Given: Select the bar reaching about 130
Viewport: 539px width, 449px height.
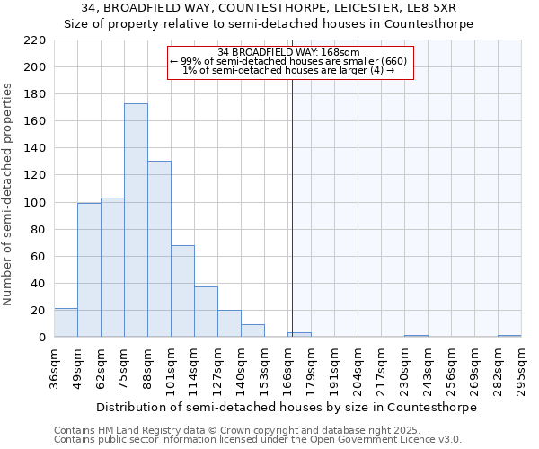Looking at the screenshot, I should click(159, 249).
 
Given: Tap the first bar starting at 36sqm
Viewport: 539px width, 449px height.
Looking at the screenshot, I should click(66, 322).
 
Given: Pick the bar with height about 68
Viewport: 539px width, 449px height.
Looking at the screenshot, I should click(182, 291).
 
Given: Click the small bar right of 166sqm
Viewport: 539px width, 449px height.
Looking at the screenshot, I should click(299, 335).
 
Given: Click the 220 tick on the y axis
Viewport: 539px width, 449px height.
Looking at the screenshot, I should click(35, 40).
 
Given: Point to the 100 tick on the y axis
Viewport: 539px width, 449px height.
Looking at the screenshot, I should click(35, 203).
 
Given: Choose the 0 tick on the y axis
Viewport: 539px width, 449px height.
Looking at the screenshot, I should click(41, 338).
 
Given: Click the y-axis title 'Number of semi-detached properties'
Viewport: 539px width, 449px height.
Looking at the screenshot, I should click(9, 195).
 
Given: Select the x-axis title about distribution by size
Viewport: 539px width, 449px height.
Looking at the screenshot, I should click(286, 407).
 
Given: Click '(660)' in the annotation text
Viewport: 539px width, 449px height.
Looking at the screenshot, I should click(393, 61).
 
